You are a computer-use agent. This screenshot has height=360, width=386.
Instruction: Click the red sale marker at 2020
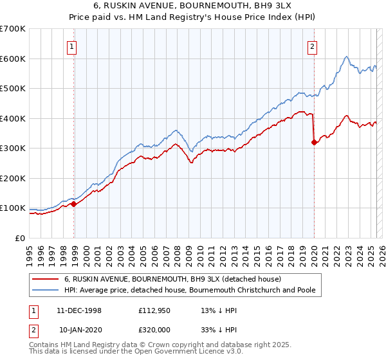pos(314,143)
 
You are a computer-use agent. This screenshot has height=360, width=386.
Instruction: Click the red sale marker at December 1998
pos(74,204)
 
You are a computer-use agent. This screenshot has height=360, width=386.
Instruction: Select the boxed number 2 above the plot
pos(312,46)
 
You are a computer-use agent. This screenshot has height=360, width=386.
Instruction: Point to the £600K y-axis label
pos(13,59)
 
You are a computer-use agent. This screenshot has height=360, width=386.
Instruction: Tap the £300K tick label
pos(13,148)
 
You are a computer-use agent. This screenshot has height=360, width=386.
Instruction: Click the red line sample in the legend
pos(45,280)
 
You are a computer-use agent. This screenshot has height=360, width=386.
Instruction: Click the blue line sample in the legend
pos(45,291)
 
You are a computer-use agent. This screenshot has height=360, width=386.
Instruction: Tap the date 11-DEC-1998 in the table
pos(79,311)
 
